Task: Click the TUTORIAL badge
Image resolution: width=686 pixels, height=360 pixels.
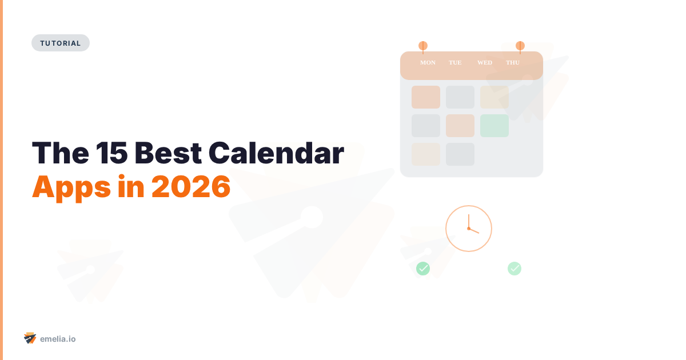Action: [x=61, y=43]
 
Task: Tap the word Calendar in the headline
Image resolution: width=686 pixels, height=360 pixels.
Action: [x=276, y=153]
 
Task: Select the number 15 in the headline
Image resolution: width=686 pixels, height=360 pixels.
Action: [x=106, y=153]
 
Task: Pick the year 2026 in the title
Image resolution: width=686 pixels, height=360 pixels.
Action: [x=190, y=186]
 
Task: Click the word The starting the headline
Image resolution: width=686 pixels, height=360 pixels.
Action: [x=55, y=153]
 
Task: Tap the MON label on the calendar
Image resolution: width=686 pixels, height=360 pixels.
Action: [x=428, y=62]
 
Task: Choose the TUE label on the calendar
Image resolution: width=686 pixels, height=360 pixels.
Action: [x=455, y=62]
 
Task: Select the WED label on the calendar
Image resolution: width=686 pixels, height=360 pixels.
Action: [x=485, y=62]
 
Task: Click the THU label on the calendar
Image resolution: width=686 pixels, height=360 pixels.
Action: [x=513, y=62]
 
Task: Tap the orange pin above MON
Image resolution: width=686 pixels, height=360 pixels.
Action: [x=423, y=46]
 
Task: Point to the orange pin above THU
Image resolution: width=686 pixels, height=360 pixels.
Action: [x=520, y=46]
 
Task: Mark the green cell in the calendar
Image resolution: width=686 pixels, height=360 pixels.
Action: [x=494, y=126]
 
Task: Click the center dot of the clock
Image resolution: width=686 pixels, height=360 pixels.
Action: [x=469, y=229]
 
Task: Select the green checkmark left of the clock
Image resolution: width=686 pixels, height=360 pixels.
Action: [x=423, y=268]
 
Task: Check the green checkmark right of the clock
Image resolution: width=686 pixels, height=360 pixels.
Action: [x=514, y=268]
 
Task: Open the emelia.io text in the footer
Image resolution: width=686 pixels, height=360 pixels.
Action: [x=58, y=339]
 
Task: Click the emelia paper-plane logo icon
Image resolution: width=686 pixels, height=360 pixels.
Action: [x=30, y=338]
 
